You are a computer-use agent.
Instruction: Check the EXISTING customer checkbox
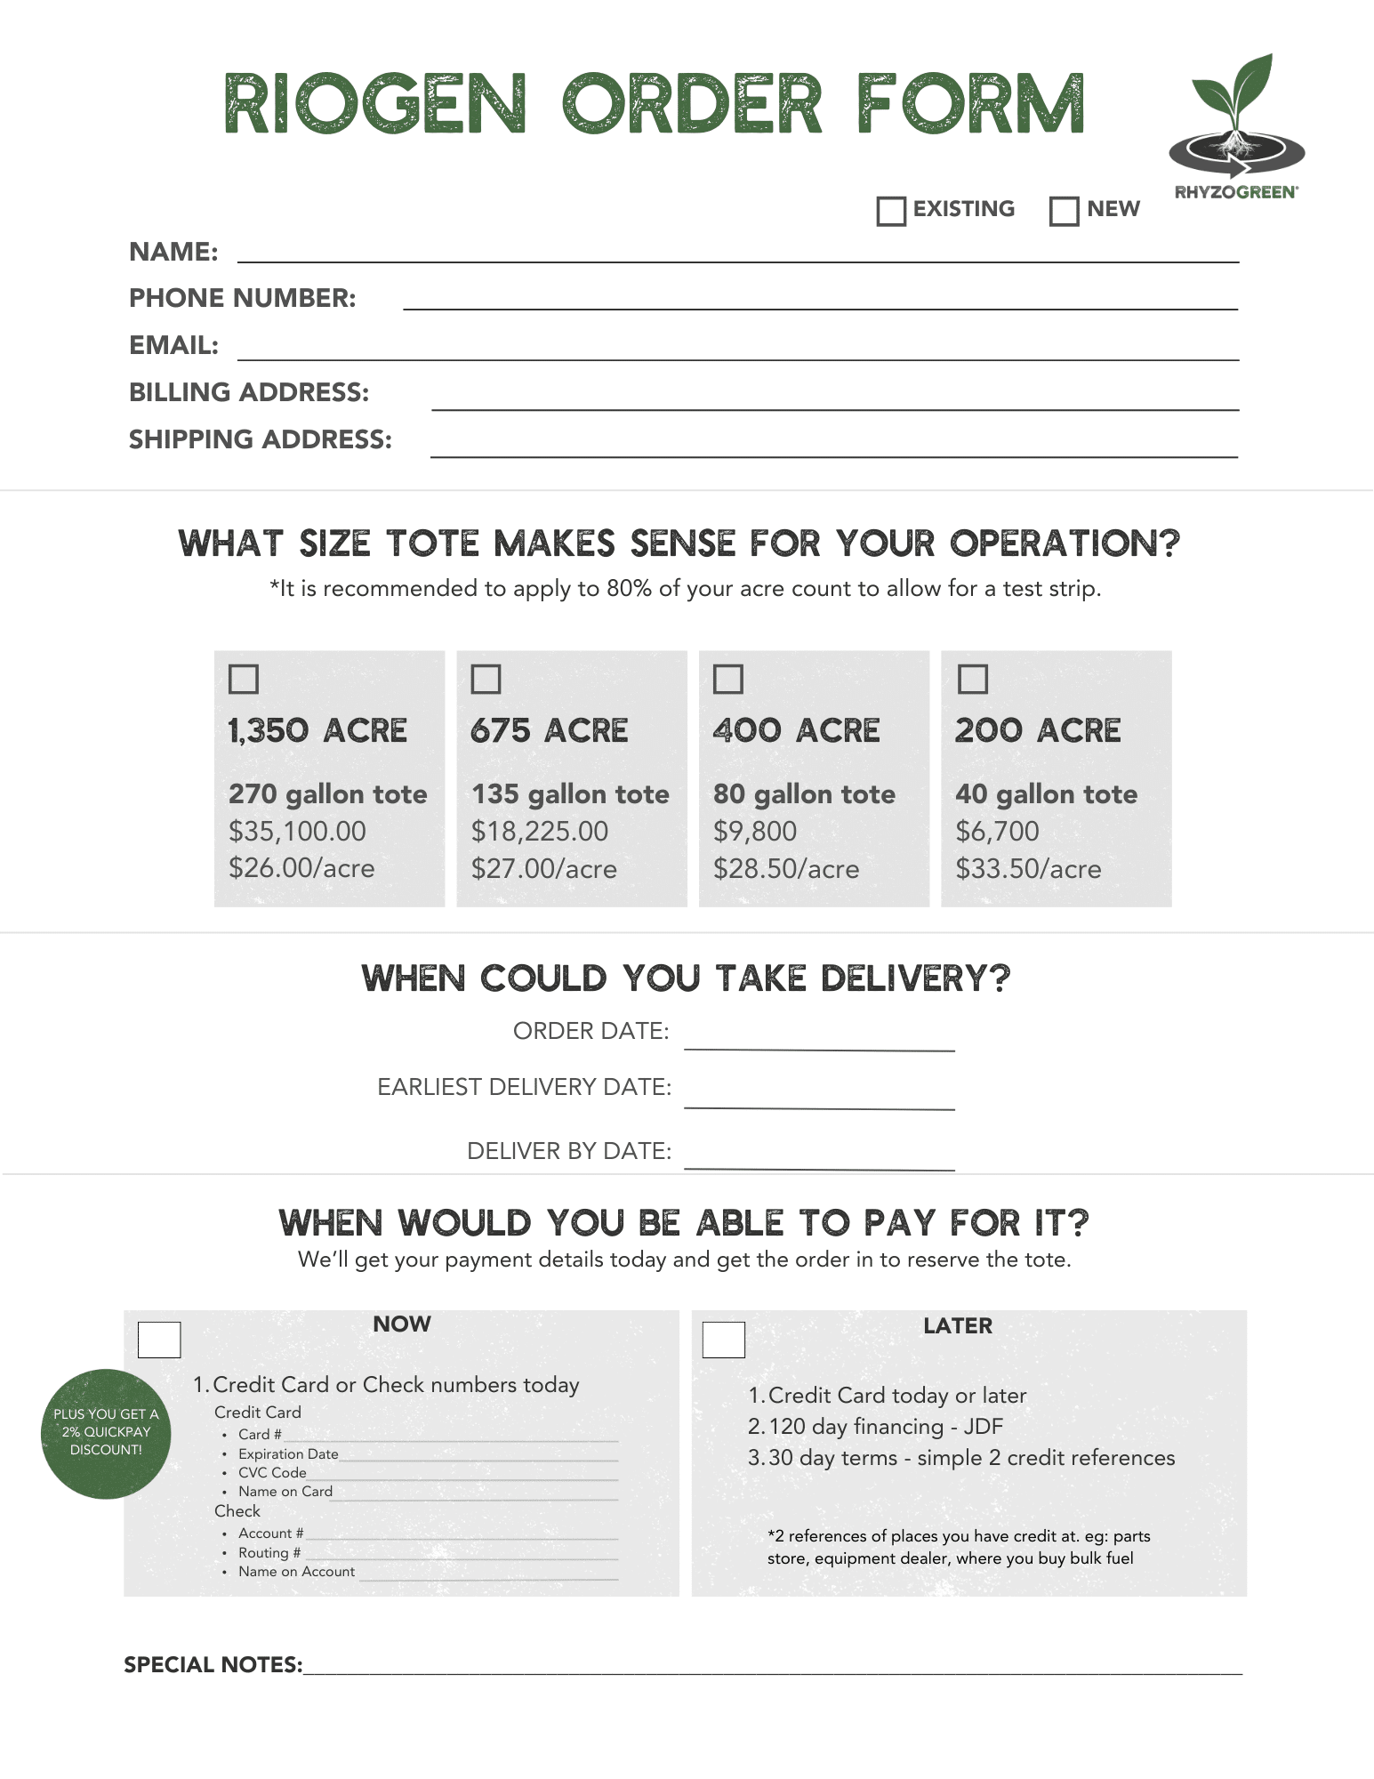click(891, 211)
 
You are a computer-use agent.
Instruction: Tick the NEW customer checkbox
click(1065, 211)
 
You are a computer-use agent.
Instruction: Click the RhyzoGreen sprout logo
click(1236, 125)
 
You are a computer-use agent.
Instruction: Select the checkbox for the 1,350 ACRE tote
click(244, 679)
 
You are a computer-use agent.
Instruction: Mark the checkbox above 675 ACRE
click(486, 679)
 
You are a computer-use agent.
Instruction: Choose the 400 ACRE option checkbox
click(728, 679)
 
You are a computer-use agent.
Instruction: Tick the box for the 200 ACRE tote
click(973, 679)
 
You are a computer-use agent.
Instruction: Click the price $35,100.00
click(297, 831)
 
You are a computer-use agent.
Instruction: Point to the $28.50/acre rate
click(786, 869)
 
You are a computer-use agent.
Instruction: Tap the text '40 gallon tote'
click(1046, 793)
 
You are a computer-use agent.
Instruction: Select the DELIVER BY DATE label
click(569, 1151)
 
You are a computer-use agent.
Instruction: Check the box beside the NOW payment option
click(159, 1340)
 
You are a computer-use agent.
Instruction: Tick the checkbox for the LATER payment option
click(724, 1340)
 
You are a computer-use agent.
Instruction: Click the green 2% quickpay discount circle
click(106, 1433)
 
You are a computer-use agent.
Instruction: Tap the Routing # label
click(269, 1552)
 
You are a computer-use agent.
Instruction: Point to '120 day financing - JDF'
click(885, 1427)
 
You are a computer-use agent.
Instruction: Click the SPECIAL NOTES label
click(213, 1665)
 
